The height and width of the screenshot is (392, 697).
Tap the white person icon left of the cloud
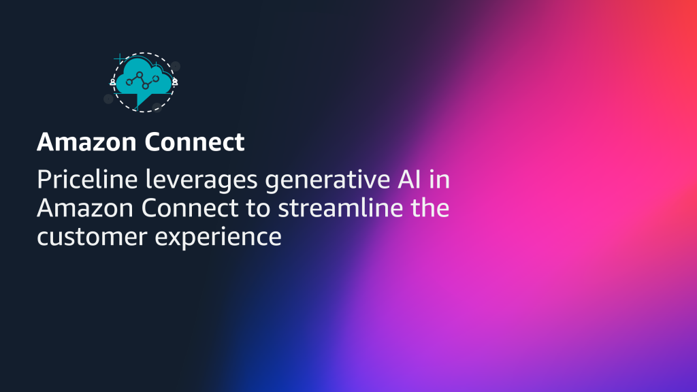coord(113,82)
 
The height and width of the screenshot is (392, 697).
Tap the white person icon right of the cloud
coord(175,82)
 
